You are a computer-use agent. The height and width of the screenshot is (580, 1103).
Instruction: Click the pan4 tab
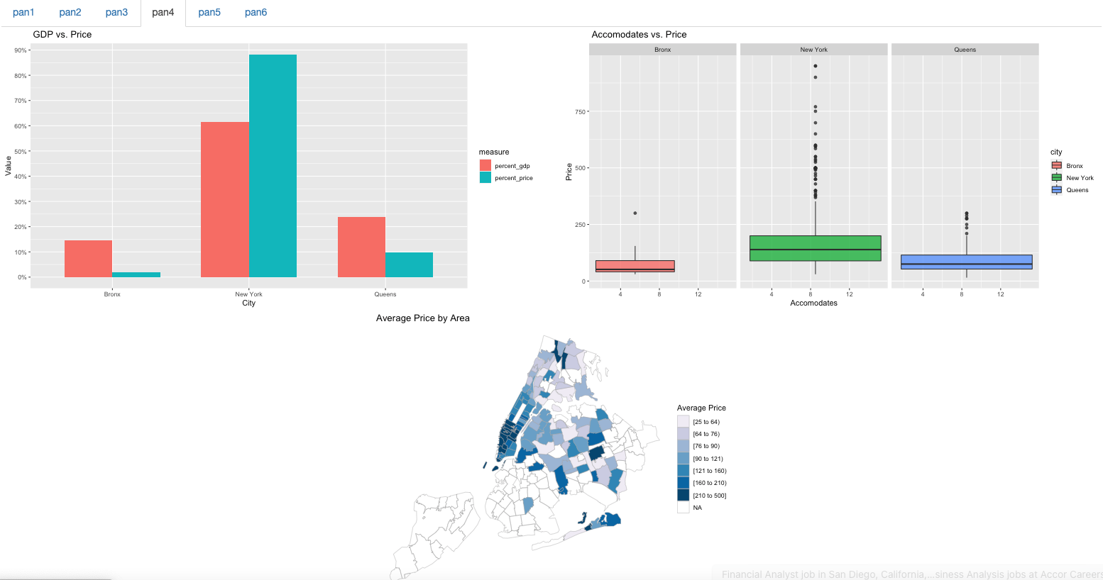tap(163, 13)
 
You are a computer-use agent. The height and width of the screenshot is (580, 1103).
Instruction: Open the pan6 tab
tap(256, 13)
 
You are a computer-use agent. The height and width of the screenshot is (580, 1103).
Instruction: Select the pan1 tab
tap(23, 13)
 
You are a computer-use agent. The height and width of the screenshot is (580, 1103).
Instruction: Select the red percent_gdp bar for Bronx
tap(88, 259)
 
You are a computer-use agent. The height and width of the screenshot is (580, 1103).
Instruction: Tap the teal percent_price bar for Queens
tap(409, 264)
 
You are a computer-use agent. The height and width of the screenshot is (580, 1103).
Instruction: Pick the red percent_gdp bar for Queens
tap(361, 247)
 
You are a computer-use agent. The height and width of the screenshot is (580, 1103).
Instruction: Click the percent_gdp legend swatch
tap(485, 166)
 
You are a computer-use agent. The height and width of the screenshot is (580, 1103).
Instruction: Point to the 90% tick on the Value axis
tap(21, 50)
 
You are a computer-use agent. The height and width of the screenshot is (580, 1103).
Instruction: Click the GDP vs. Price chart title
tap(62, 35)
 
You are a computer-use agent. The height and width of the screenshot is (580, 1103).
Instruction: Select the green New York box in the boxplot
tap(815, 248)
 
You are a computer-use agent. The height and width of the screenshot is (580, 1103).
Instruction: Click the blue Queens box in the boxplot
tap(966, 262)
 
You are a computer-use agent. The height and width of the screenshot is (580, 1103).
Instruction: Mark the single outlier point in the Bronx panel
tap(635, 213)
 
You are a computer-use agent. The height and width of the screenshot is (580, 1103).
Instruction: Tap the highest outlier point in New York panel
tap(815, 66)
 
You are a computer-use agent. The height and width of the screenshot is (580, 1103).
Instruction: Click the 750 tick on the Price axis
tap(580, 112)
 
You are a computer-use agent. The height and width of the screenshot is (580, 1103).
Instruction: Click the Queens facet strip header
tap(965, 50)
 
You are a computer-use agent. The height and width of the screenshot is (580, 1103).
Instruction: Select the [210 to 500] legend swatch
tap(683, 496)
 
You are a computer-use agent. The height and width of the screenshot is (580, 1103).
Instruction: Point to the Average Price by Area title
tap(422, 318)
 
